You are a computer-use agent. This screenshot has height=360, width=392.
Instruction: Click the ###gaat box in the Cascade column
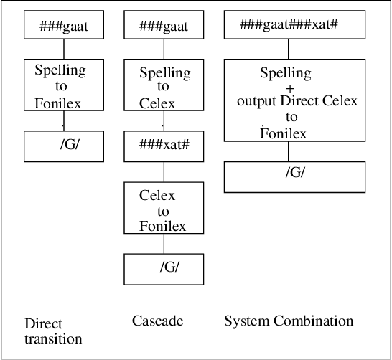tap(164, 27)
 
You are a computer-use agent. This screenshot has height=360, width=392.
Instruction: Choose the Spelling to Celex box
tap(164, 87)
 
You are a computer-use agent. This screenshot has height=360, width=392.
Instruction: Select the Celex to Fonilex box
tap(163, 210)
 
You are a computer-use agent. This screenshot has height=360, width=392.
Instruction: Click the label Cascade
tap(157, 321)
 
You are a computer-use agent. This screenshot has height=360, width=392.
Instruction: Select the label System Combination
tap(289, 321)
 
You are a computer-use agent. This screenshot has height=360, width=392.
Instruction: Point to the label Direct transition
tap(53, 331)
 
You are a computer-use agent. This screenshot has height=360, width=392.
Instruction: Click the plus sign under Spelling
tap(289, 87)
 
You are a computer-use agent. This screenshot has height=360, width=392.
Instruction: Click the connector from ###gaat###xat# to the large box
tap(289, 49)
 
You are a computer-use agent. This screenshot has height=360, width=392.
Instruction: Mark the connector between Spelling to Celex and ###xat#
tap(164, 122)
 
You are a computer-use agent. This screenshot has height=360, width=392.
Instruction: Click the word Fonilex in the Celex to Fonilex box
tap(163, 226)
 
